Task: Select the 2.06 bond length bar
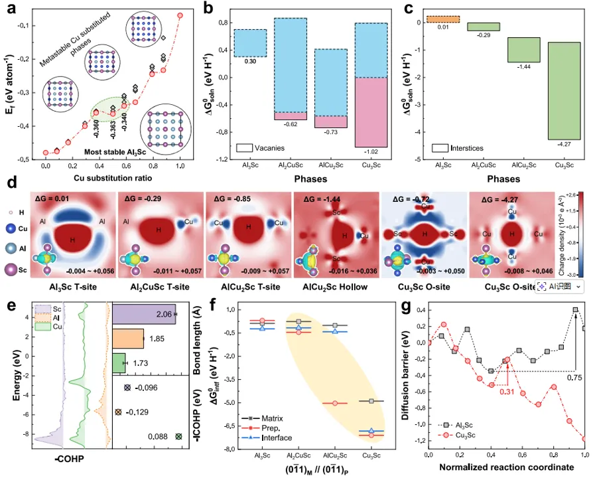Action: point(143,319)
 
